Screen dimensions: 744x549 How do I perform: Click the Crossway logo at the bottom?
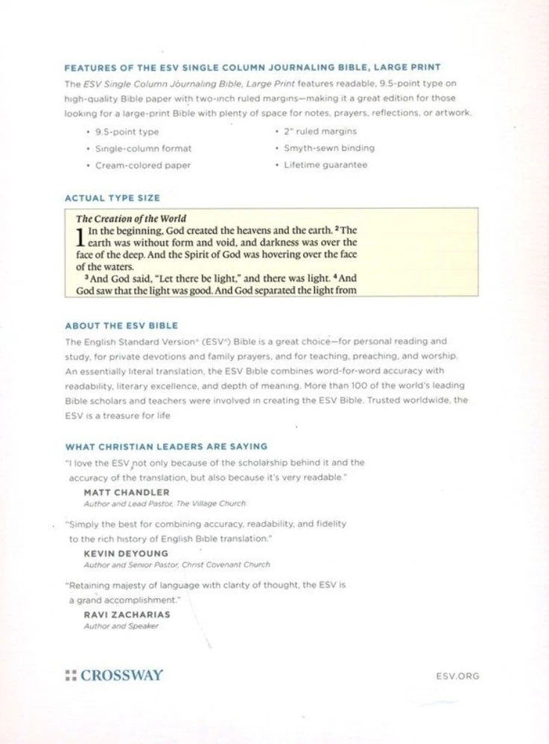tap(114, 676)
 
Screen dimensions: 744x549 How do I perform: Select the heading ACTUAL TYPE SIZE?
tap(112, 199)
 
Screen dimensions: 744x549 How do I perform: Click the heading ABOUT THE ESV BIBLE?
tap(121, 326)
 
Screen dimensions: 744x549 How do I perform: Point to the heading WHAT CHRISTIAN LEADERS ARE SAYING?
tap(166, 446)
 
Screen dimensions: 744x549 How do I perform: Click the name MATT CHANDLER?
tap(117, 493)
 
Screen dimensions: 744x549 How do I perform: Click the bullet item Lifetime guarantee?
tap(326, 164)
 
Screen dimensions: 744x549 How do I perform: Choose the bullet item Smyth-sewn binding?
tap(329, 148)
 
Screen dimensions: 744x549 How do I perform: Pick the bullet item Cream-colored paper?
tap(143, 165)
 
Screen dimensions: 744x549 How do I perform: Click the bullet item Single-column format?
tap(143, 149)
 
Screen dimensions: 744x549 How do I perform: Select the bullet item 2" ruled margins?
tap(320, 132)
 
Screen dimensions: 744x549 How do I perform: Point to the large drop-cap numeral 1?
tap(80, 237)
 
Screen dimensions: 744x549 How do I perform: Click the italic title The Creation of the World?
tap(131, 219)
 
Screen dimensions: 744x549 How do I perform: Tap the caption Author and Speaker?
tap(121, 626)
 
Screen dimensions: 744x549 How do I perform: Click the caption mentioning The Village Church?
tap(165, 504)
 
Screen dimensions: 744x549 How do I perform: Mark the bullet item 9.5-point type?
tap(127, 132)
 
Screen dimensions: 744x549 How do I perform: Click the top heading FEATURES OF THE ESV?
tap(253, 68)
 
